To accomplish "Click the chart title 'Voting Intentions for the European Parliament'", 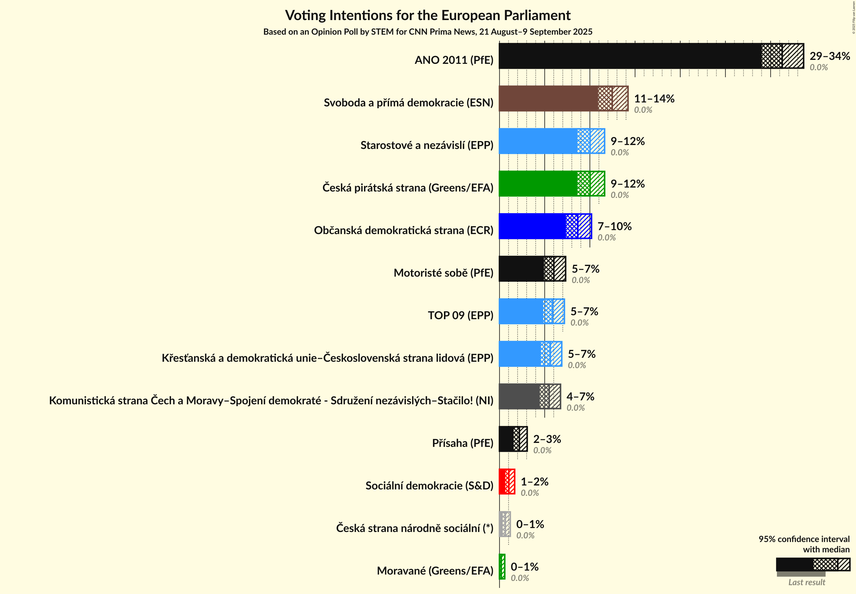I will [428, 16].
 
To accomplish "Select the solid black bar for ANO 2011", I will [629, 56].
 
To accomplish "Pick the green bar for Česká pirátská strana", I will [538, 184].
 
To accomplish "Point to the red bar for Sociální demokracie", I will [502, 482].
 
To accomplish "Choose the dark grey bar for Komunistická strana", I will [519, 396].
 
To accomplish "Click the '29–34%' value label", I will [830, 56].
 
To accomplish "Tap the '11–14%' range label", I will [654, 98].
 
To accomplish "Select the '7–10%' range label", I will [614, 226].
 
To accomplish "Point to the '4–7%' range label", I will [580, 396].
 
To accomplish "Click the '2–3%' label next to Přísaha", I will [547, 439].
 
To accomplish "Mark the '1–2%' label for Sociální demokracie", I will [534, 482].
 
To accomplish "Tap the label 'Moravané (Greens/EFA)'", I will [435, 571].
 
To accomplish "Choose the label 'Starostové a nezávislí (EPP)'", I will [427, 145].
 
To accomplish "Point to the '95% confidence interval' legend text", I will [804, 539].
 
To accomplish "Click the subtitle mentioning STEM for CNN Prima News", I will [428, 32].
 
